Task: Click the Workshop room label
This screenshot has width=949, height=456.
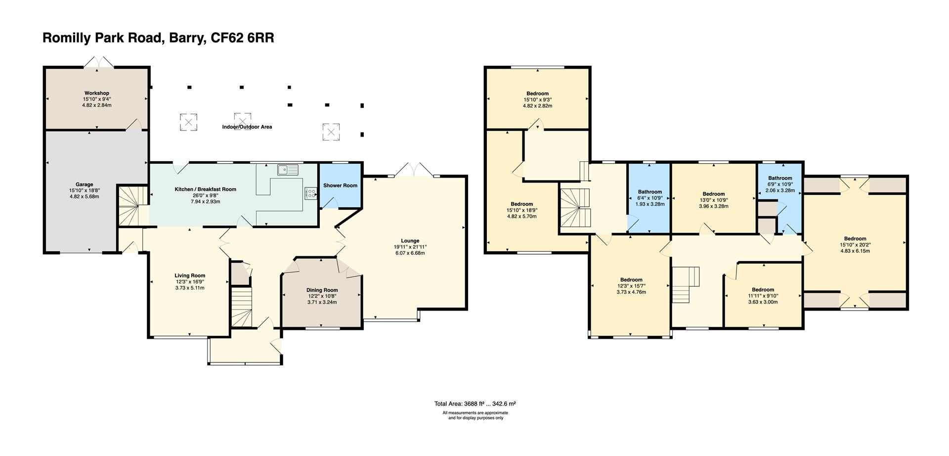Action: (96, 93)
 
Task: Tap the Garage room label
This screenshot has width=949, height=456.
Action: (84, 184)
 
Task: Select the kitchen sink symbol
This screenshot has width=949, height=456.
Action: (288, 170)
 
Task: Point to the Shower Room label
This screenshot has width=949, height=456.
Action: (340, 185)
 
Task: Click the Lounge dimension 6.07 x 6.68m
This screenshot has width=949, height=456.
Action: (410, 253)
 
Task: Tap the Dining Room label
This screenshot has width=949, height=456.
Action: (322, 290)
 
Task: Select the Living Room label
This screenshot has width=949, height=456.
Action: (189, 275)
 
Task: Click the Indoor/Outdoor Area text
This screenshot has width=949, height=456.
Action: (247, 127)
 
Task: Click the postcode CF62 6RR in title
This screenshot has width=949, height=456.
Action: (242, 38)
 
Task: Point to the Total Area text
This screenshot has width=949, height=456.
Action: (474, 404)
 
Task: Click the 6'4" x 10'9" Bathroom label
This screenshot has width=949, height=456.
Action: (649, 192)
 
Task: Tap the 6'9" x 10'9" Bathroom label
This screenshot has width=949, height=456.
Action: (779, 178)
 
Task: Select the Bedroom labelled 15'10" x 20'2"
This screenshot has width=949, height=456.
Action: (855, 239)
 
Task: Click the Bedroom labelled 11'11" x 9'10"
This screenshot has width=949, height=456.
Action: (763, 290)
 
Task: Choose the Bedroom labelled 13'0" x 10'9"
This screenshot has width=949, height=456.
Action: (713, 194)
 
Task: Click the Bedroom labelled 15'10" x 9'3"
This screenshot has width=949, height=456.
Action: (537, 93)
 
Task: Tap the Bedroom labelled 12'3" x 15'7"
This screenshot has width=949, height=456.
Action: (631, 280)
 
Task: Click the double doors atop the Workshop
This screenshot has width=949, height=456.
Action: (97, 63)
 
